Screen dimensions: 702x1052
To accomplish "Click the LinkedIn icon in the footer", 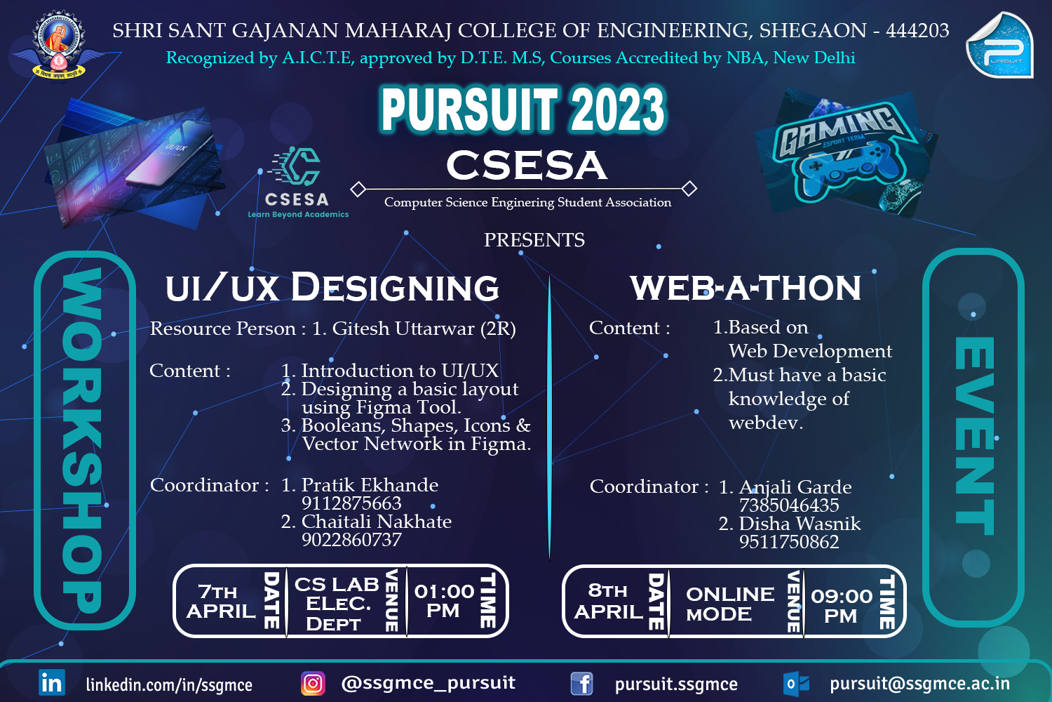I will pyautogui.click(x=52, y=682).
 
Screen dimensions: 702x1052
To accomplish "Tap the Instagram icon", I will pyautogui.click(x=313, y=683).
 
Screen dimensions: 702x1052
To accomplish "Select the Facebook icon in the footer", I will pyautogui.click(x=581, y=683).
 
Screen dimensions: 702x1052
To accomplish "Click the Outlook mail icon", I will pyautogui.click(x=797, y=683).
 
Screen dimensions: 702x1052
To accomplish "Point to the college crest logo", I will pyautogui.click(x=59, y=44).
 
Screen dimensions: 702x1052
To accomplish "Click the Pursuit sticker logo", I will pyautogui.click(x=999, y=45).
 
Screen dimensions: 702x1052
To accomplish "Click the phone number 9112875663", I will pyautogui.click(x=351, y=503).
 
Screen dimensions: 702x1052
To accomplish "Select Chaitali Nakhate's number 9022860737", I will pyautogui.click(x=351, y=540).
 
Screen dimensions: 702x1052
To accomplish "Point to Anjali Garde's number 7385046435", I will pyautogui.click(x=789, y=505).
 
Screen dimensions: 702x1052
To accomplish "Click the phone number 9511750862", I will pyautogui.click(x=789, y=542).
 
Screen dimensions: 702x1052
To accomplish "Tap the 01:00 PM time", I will pyautogui.click(x=444, y=601).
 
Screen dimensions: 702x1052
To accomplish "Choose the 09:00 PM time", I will pyautogui.click(x=842, y=605).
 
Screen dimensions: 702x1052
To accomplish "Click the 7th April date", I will pyautogui.click(x=221, y=602).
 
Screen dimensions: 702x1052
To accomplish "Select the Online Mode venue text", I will pyautogui.click(x=729, y=604).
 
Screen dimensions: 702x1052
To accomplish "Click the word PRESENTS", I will pyautogui.click(x=534, y=240).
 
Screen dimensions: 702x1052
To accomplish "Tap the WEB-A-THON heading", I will pyautogui.click(x=746, y=288).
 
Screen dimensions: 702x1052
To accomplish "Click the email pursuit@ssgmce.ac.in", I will pyautogui.click(x=919, y=684).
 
